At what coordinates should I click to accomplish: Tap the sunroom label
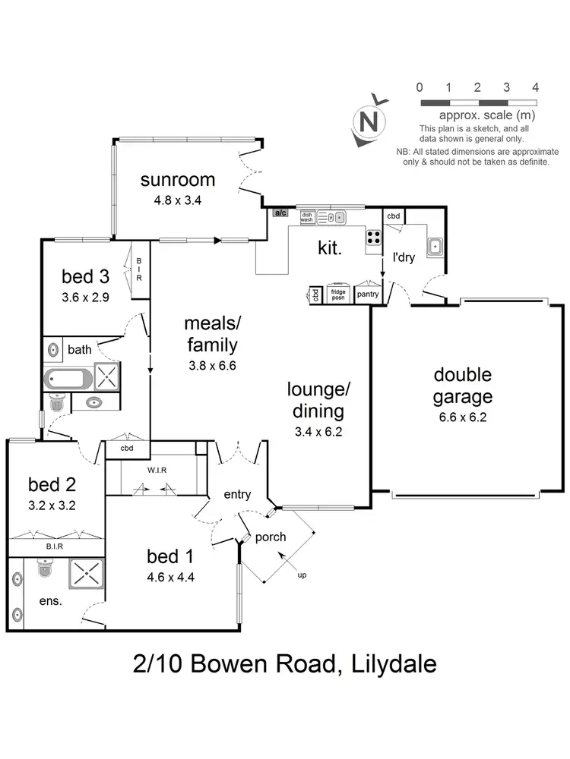tap(178, 180)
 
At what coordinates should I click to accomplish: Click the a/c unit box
tap(280, 213)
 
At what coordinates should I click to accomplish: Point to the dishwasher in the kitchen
tap(308, 218)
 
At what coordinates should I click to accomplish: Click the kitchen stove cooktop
tap(373, 237)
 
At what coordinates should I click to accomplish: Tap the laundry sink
tap(435, 246)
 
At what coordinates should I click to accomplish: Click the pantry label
tap(367, 294)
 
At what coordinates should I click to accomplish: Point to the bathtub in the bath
tap(68, 378)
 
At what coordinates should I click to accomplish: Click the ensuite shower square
tap(90, 575)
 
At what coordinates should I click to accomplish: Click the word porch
tap(271, 537)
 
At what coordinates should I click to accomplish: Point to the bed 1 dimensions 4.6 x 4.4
tap(171, 576)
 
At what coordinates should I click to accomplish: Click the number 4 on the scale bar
tap(536, 87)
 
